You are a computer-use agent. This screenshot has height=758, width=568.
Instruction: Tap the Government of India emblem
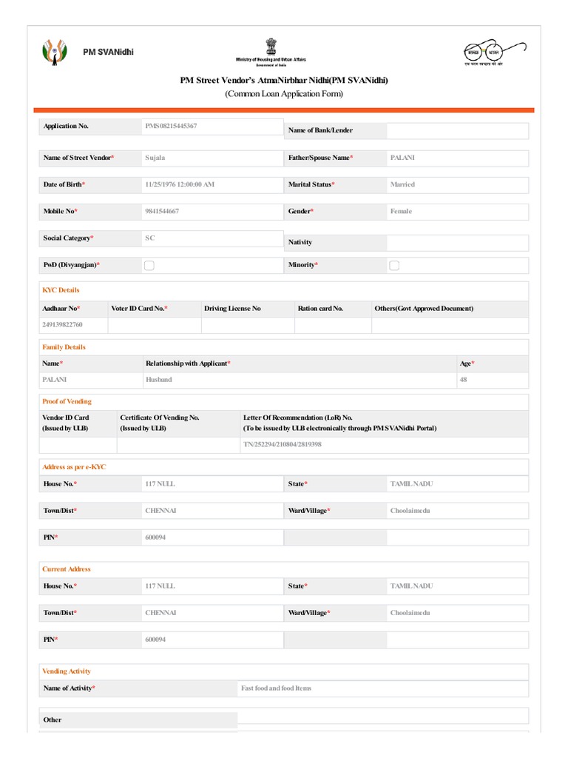click(x=271, y=45)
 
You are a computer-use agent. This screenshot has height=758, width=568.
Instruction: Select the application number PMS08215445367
click(x=171, y=127)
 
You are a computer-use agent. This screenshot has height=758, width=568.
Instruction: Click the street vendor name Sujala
click(x=155, y=158)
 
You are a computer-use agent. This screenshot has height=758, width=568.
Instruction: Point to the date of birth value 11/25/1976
click(x=180, y=184)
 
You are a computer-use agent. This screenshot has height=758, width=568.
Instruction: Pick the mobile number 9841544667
click(x=162, y=211)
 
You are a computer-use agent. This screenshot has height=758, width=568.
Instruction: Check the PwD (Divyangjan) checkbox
click(x=149, y=265)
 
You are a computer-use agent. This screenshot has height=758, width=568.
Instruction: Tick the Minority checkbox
click(x=394, y=265)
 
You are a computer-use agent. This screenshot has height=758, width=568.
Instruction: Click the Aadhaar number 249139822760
click(x=63, y=325)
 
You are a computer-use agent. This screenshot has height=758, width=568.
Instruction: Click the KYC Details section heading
click(x=61, y=290)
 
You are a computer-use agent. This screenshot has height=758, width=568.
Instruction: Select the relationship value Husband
click(x=159, y=380)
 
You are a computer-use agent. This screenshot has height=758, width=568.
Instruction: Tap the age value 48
click(x=464, y=380)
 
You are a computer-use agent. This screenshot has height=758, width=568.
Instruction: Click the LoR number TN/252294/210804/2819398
click(x=282, y=445)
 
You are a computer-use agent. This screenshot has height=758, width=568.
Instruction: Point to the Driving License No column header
click(x=232, y=308)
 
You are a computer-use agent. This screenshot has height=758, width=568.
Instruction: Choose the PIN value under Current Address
click(x=155, y=640)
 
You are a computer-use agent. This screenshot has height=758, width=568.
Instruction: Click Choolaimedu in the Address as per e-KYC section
click(x=410, y=511)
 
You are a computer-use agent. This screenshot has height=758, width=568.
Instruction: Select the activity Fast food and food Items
click(x=276, y=688)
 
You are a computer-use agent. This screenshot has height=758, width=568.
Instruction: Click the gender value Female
click(x=401, y=211)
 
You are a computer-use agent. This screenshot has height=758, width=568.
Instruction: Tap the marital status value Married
click(x=402, y=184)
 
